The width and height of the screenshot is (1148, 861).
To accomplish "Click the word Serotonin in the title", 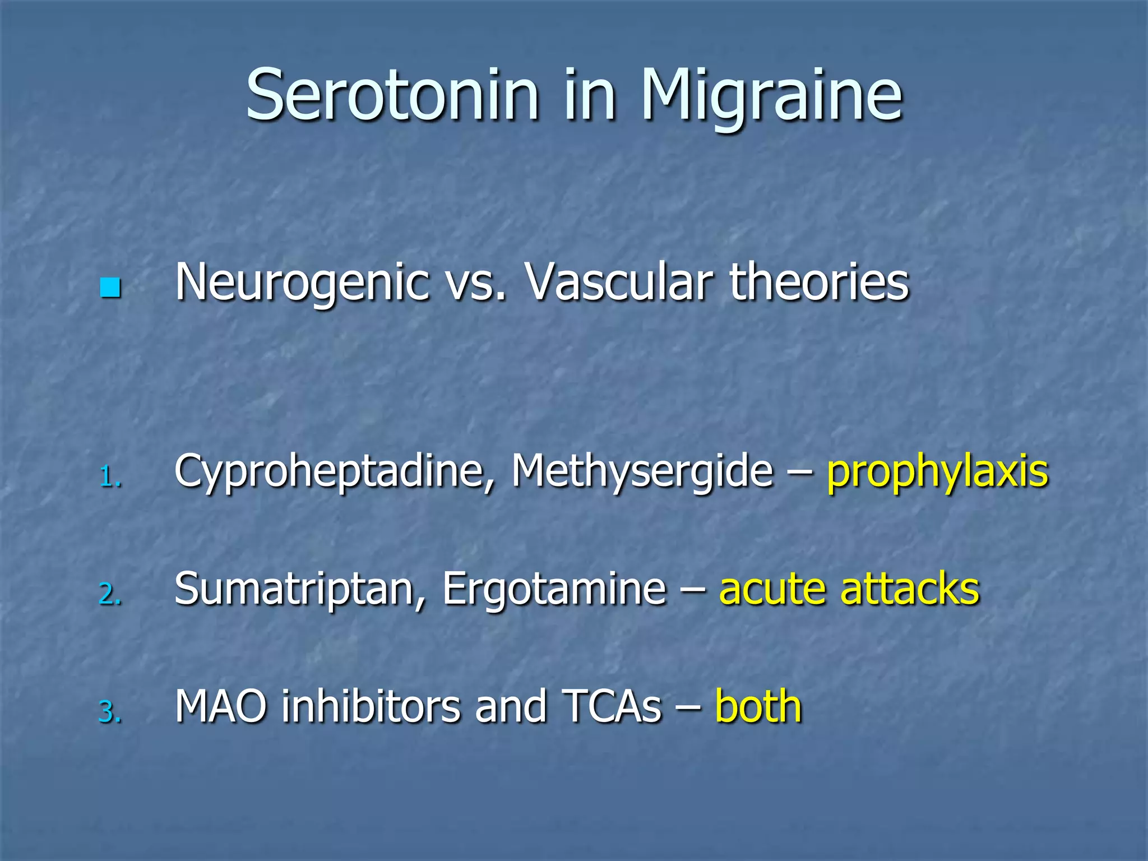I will pos(392,95).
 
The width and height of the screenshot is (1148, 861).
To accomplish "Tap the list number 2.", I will pos(109,595).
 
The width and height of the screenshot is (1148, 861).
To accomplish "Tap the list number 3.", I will pos(109,712).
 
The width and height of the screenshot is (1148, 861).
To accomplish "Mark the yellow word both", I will pos(758,707).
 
